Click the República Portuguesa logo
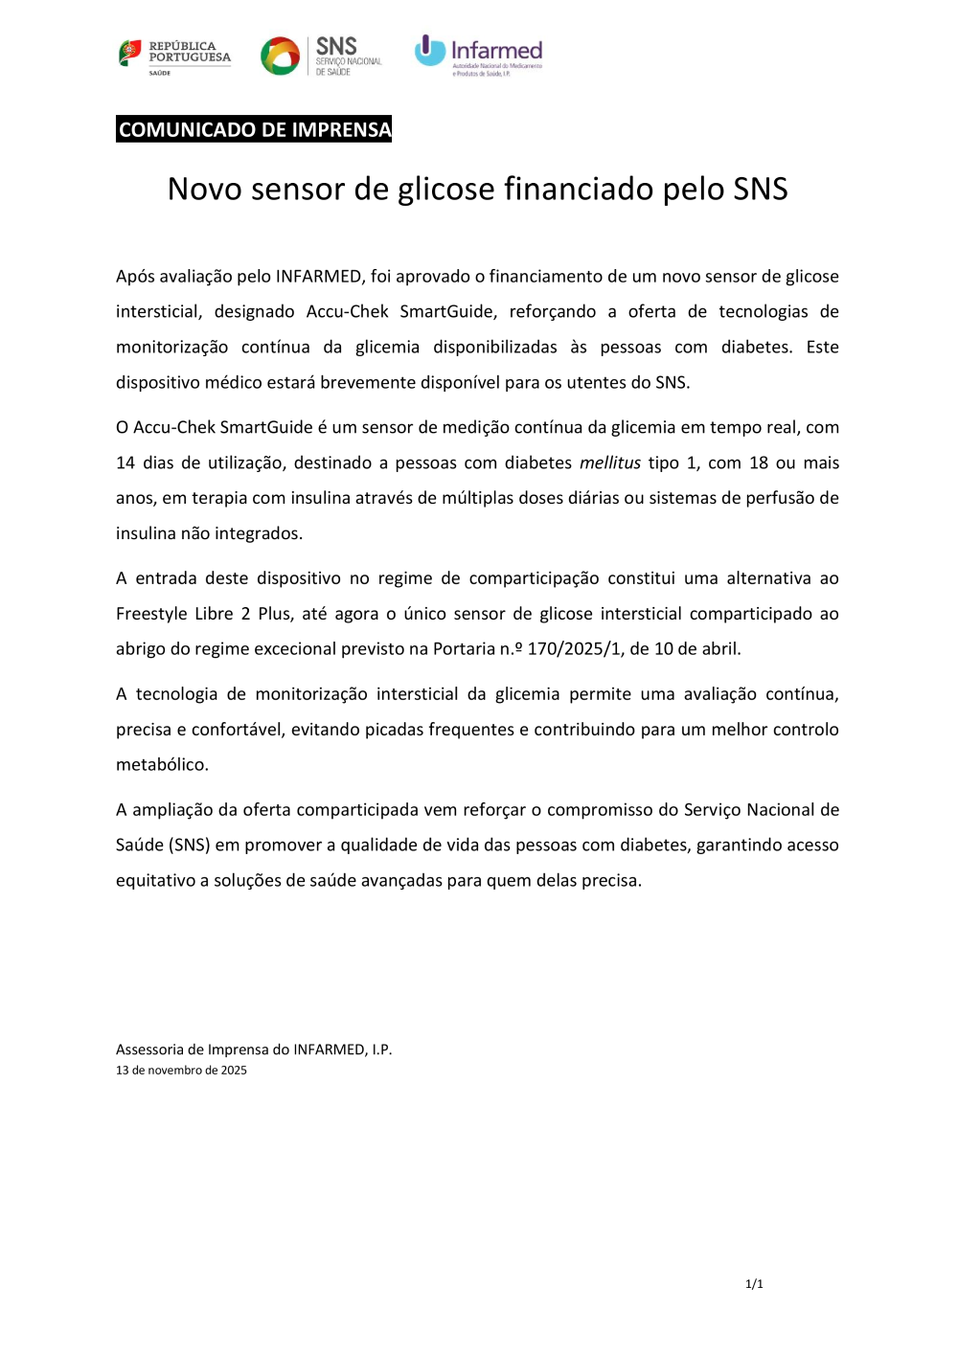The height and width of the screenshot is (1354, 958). (174, 56)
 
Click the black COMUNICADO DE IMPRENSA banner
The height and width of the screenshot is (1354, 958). (254, 129)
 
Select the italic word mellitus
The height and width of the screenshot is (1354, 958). (610, 463)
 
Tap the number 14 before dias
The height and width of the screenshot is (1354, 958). (125, 463)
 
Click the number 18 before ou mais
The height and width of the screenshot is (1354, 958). (759, 463)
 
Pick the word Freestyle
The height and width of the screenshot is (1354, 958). (148, 614)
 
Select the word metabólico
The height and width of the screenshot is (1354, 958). (161, 765)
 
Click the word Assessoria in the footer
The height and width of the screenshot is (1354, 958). (159, 1049)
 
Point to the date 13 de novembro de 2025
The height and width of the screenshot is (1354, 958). (181, 1071)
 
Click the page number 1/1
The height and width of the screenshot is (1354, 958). (754, 1284)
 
